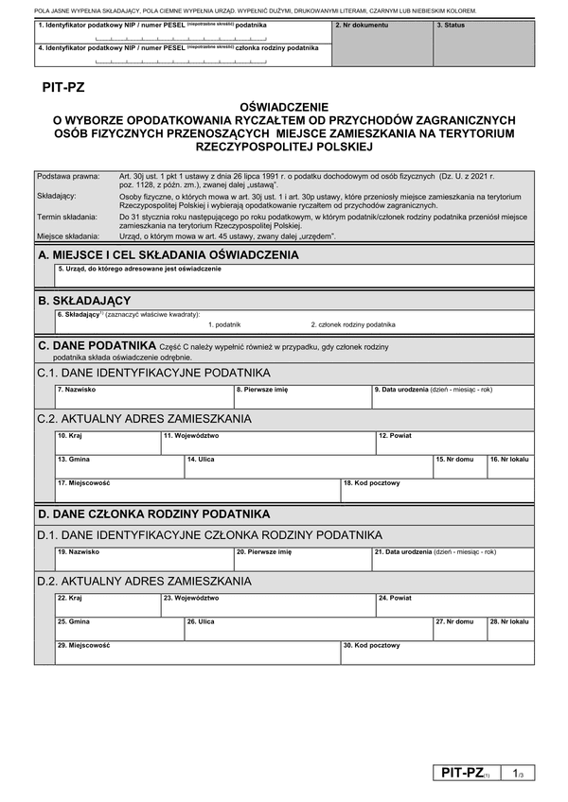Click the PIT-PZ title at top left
click(63, 88)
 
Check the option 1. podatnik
click(202, 324)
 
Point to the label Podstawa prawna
click(67, 177)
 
